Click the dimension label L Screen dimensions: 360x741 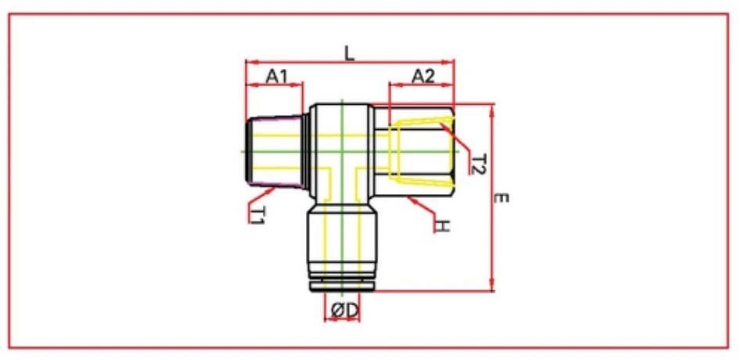(350, 52)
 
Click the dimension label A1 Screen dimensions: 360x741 (277, 76)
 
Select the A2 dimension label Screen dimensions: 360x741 (423, 76)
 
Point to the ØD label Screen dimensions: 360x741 (344, 311)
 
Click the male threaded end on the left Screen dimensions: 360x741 (274, 152)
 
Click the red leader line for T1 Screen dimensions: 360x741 (262, 193)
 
